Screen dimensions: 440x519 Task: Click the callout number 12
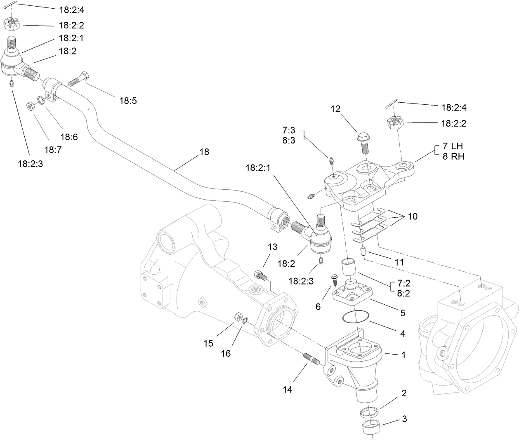(x=335, y=109)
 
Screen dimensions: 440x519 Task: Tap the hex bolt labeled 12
(x=363, y=142)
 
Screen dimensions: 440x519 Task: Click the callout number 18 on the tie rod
(x=204, y=152)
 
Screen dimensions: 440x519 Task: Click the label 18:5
(x=128, y=100)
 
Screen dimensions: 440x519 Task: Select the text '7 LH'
(x=453, y=146)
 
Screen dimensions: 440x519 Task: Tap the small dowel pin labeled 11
(x=363, y=251)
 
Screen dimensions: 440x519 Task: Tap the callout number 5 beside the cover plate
(x=403, y=313)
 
